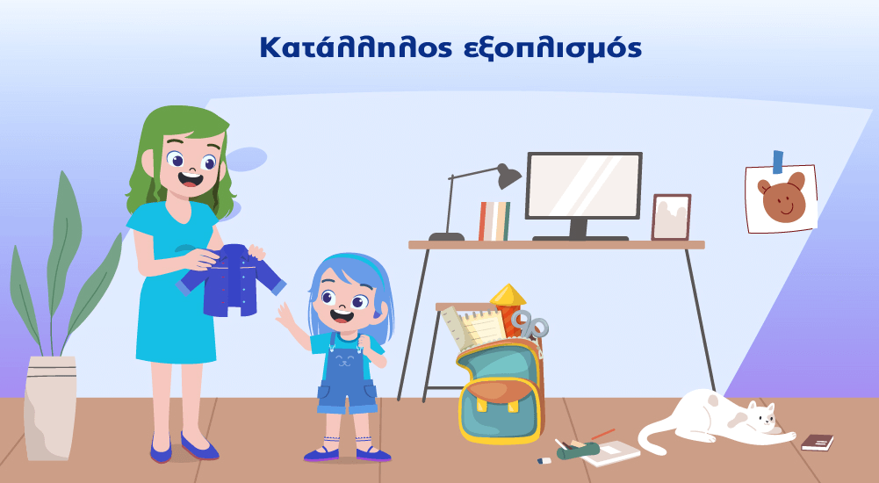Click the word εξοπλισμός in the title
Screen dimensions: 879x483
[552, 49]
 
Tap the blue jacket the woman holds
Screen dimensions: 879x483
[231, 278]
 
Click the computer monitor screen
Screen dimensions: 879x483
[584, 185]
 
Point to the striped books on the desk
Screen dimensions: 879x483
[494, 220]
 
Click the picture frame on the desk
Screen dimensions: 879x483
[671, 217]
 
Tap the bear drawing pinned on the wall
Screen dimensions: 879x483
[782, 198]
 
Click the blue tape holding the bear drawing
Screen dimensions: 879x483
[778, 162]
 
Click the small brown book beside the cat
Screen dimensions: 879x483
[817, 442]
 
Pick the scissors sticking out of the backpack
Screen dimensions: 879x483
[530, 324]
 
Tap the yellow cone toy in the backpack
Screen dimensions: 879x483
[508, 295]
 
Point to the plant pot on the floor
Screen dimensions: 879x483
[50, 407]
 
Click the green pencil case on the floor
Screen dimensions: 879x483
[578, 450]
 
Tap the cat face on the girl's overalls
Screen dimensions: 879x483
[345, 359]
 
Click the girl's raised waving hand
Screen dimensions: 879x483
[285, 315]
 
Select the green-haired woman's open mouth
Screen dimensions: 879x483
[190, 179]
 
